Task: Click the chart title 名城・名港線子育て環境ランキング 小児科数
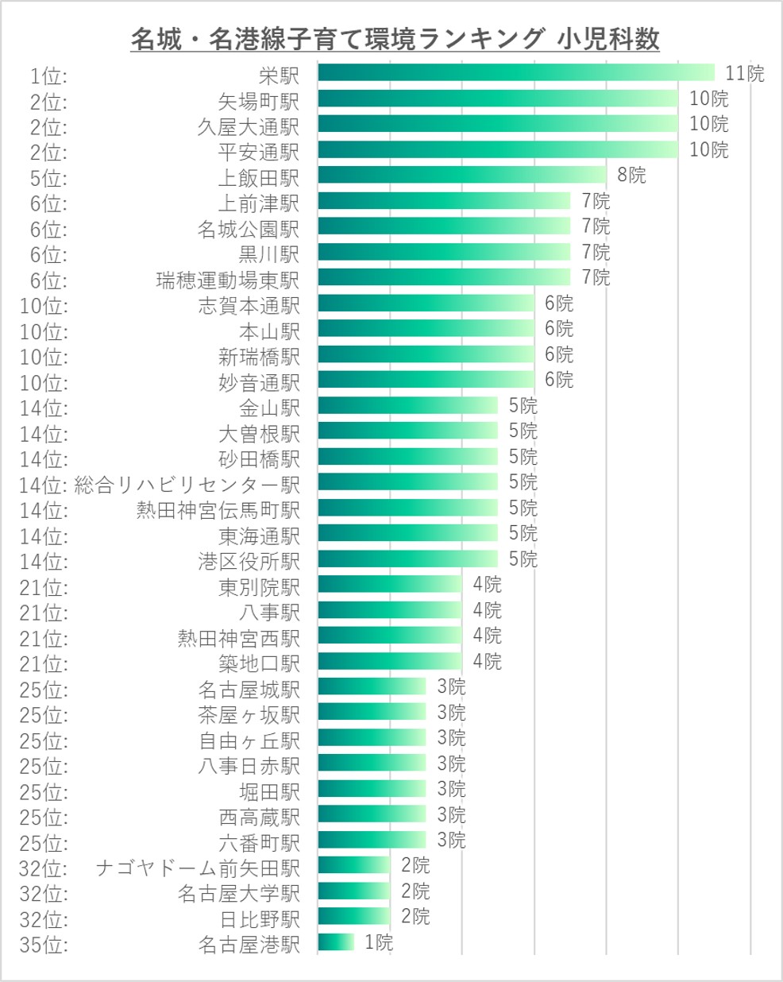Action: tap(395, 38)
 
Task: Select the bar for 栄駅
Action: tap(516, 73)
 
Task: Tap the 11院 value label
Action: tap(744, 74)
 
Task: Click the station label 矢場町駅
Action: tap(259, 101)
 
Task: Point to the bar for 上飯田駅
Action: tap(462, 175)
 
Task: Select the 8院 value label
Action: tap(631, 175)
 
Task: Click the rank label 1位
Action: tap(48, 76)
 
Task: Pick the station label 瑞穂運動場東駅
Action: tap(228, 280)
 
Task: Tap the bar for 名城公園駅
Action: tap(444, 226)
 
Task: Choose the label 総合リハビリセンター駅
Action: tap(187, 485)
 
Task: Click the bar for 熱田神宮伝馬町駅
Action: tap(407, 508)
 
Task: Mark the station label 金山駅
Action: tap(269, 408)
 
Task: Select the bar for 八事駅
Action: tap(389, 611)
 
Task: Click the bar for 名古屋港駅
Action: tap(335, 942)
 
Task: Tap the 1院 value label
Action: tap(379, 943)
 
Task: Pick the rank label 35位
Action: tap(44, 945)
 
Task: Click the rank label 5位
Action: tap(48, 178)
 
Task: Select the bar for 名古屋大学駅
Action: tap(353, 891)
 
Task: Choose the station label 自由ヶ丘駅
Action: tap(249, 740)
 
